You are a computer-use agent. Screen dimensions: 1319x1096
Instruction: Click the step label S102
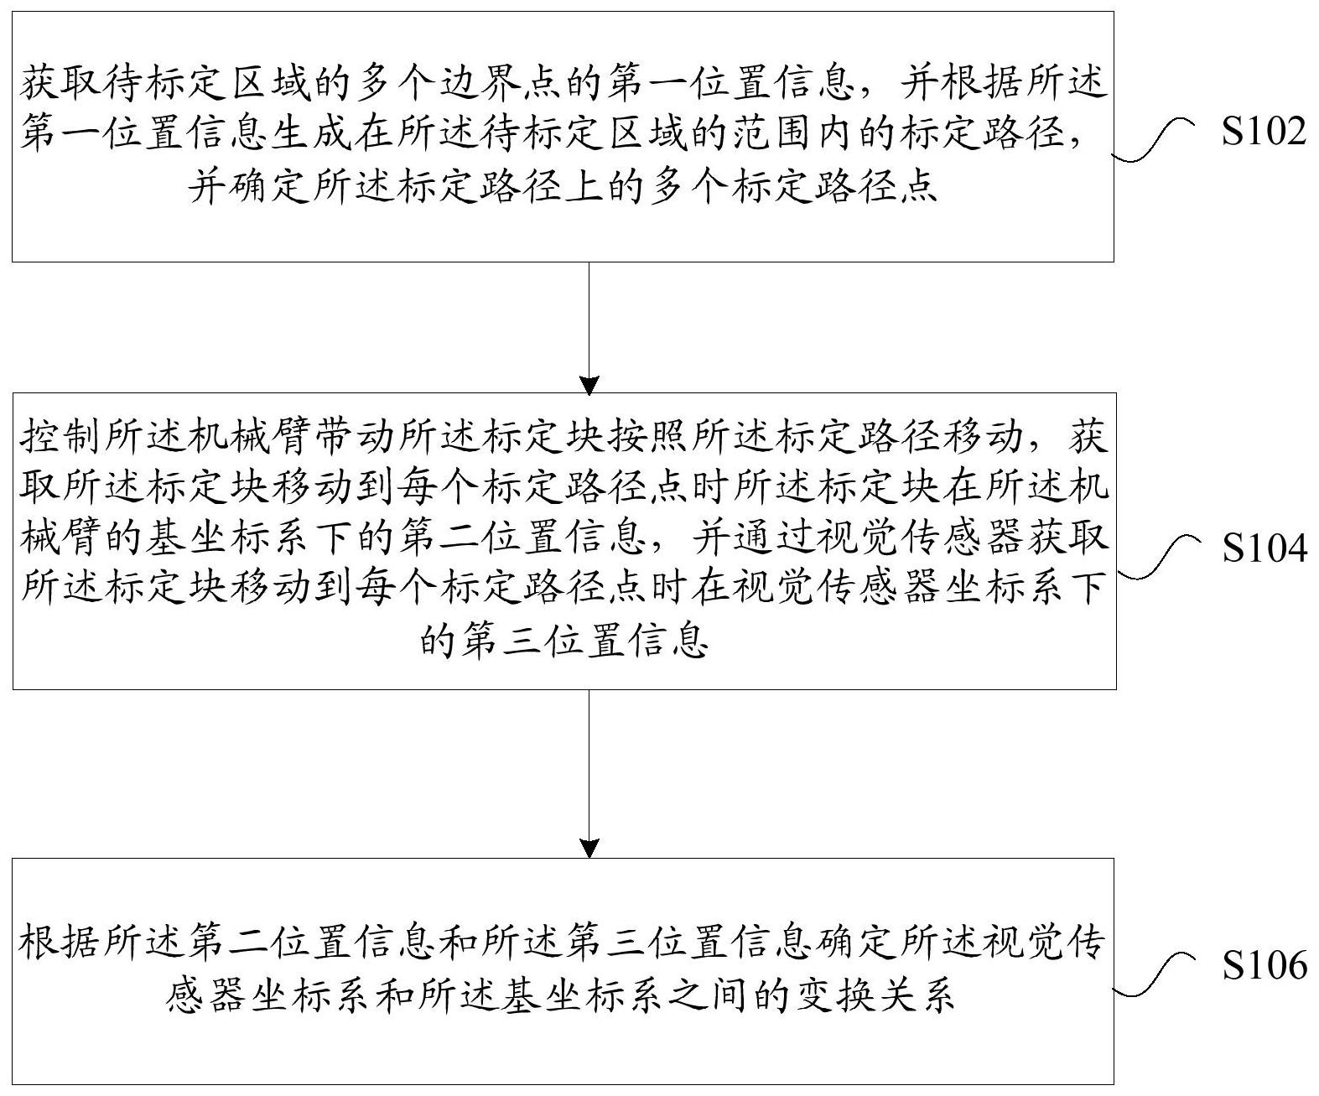(1263, 132)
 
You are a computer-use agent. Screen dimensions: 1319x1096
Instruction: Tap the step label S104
(1264, 548)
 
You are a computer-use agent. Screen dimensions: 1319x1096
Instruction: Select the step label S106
(1264, 965)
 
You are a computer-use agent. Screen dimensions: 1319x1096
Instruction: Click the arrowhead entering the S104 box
(589, 386)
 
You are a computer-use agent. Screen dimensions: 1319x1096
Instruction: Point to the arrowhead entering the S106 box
(589, 848)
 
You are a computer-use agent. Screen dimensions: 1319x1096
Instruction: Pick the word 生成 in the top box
(310, 134)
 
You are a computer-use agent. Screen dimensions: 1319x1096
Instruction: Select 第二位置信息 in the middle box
(522, 539)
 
